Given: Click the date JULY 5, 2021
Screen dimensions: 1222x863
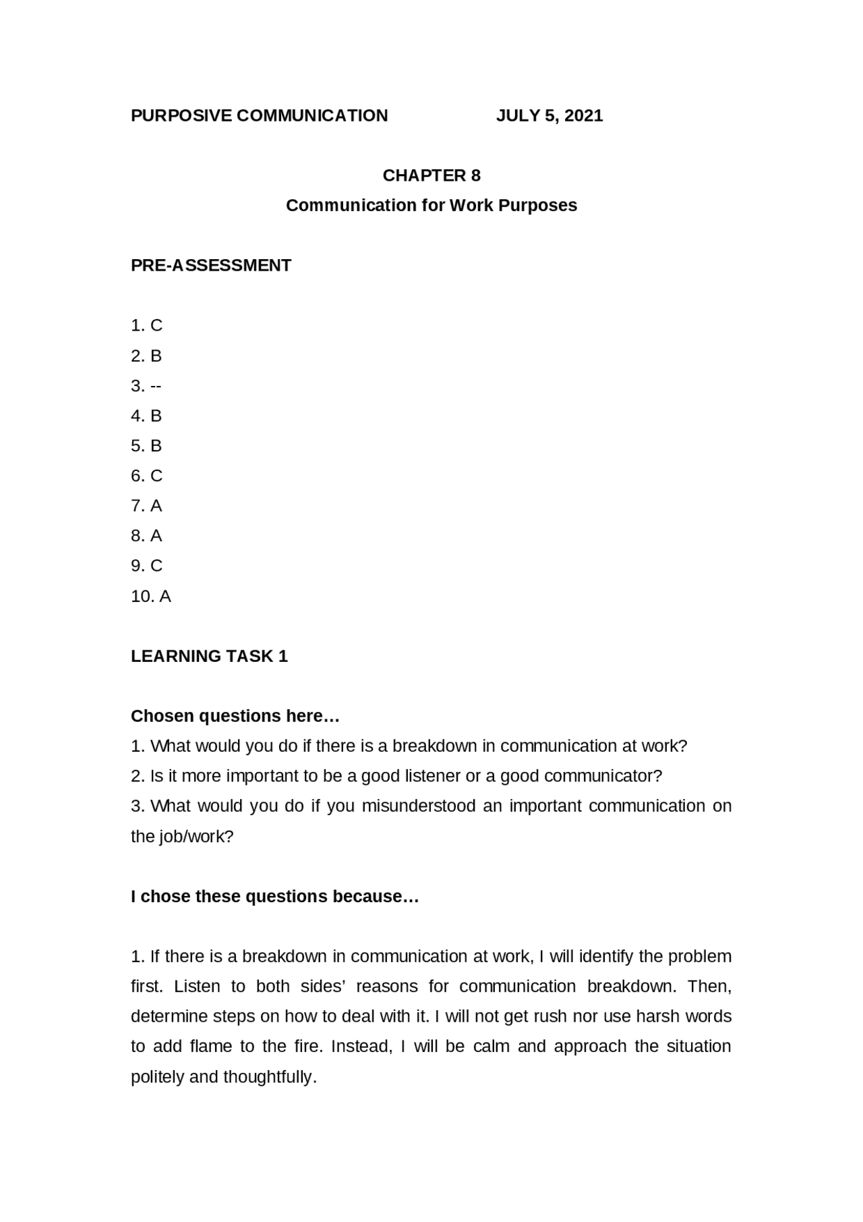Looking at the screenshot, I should coord(549,115).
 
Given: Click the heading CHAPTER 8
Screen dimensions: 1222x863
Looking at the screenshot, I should coord(431,175).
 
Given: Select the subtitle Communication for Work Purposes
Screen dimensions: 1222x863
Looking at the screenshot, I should coord(431,205).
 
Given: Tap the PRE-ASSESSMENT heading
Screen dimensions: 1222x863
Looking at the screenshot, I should coord(211,265).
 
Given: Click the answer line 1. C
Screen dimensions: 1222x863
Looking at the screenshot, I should coord(147,325).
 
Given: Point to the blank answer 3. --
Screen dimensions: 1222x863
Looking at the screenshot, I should coord(146,386).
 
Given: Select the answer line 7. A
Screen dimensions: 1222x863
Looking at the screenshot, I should coord(147,505).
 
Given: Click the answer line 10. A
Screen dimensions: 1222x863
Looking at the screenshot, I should coord(151,596).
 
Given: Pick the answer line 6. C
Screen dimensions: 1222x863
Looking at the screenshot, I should coord(147,476).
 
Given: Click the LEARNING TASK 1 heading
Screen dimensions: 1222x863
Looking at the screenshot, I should coord(209,656).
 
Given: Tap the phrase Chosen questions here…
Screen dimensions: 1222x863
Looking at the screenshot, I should coord(235,715).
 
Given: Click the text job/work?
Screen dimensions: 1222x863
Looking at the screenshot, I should coord(196,837).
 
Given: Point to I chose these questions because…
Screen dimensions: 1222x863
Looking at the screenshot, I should coord(275,896).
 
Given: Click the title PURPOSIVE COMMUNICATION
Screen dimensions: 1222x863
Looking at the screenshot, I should coord(260,115).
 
